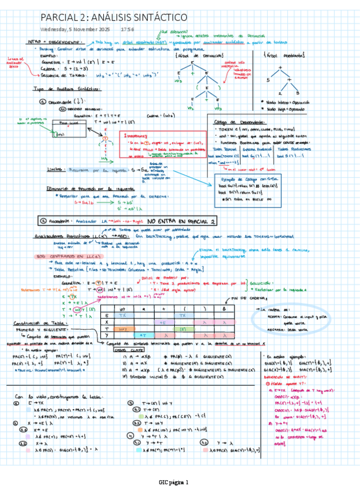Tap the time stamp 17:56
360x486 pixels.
pyautogui.click(x=127, y=29)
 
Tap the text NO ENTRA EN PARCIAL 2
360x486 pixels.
pyautogui.click(x=181, y=221)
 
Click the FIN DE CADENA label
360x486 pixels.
pyautogui.click(x=248, y=298)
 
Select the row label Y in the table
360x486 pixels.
pyautogui.click(x=107, y=335)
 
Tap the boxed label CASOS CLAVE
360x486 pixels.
pyautogui.click(x=129, y=349)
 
